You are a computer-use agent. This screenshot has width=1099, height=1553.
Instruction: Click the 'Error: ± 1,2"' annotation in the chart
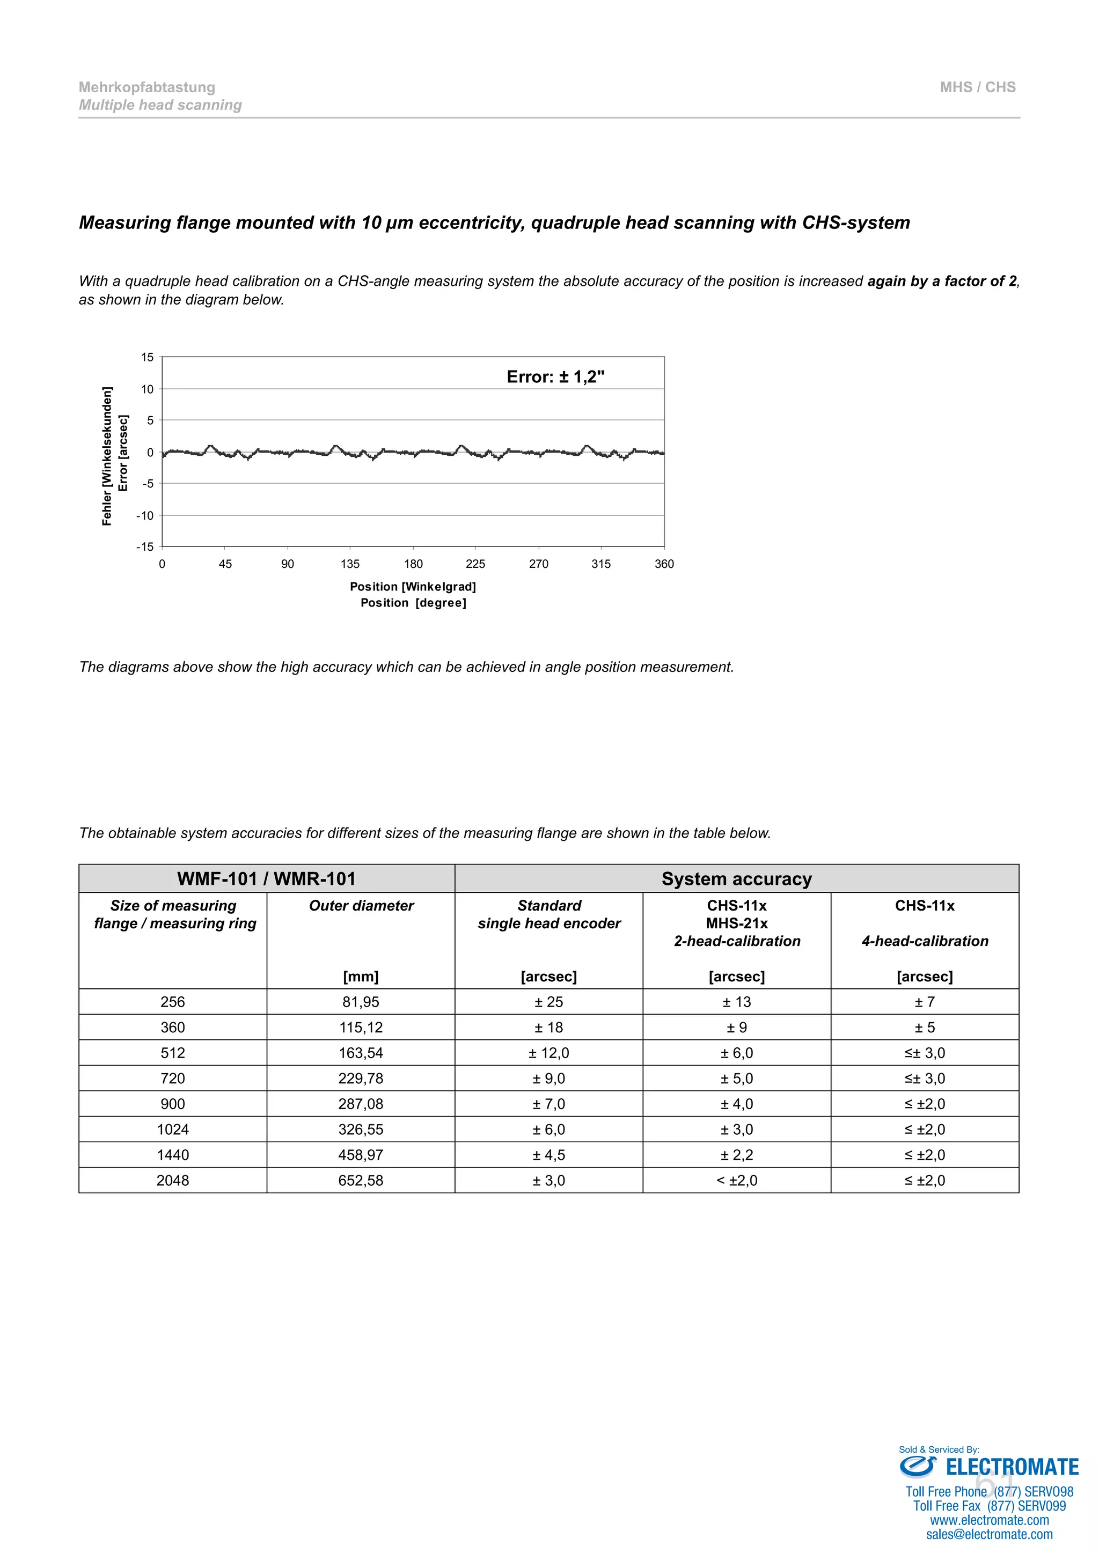[x=555, y=377]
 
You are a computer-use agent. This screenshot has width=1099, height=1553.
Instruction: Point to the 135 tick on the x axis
[x=350, y=564]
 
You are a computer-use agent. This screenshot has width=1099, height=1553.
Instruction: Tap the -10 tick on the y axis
[x=145, y=515]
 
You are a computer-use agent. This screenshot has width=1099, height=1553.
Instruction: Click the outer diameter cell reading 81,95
[x=361, y=1002]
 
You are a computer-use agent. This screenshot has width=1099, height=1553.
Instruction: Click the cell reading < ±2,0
[x=736, y=1180]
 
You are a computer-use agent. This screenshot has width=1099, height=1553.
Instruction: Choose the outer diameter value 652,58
[x=361, y=1180]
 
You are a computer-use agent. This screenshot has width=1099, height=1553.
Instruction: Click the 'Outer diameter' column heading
[x=361, y=906]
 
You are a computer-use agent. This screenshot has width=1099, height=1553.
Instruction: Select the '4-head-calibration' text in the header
[x=925, y=941]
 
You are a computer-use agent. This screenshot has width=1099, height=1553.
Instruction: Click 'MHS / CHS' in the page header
[x=977, y=87]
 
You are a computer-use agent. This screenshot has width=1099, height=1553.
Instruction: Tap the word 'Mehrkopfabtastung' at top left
[x=147, y=87]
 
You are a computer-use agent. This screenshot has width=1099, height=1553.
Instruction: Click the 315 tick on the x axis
[x=601, y=564]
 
